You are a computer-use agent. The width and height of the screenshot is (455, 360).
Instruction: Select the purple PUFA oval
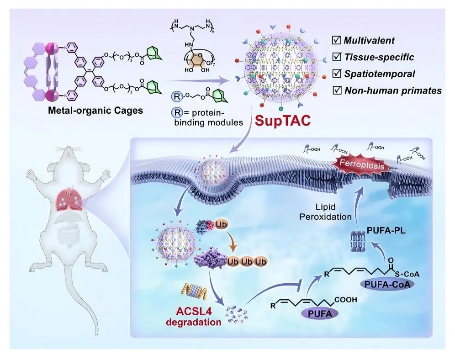point(316,312)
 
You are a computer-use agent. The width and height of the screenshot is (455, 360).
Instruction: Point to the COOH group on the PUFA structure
point(346,300)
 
